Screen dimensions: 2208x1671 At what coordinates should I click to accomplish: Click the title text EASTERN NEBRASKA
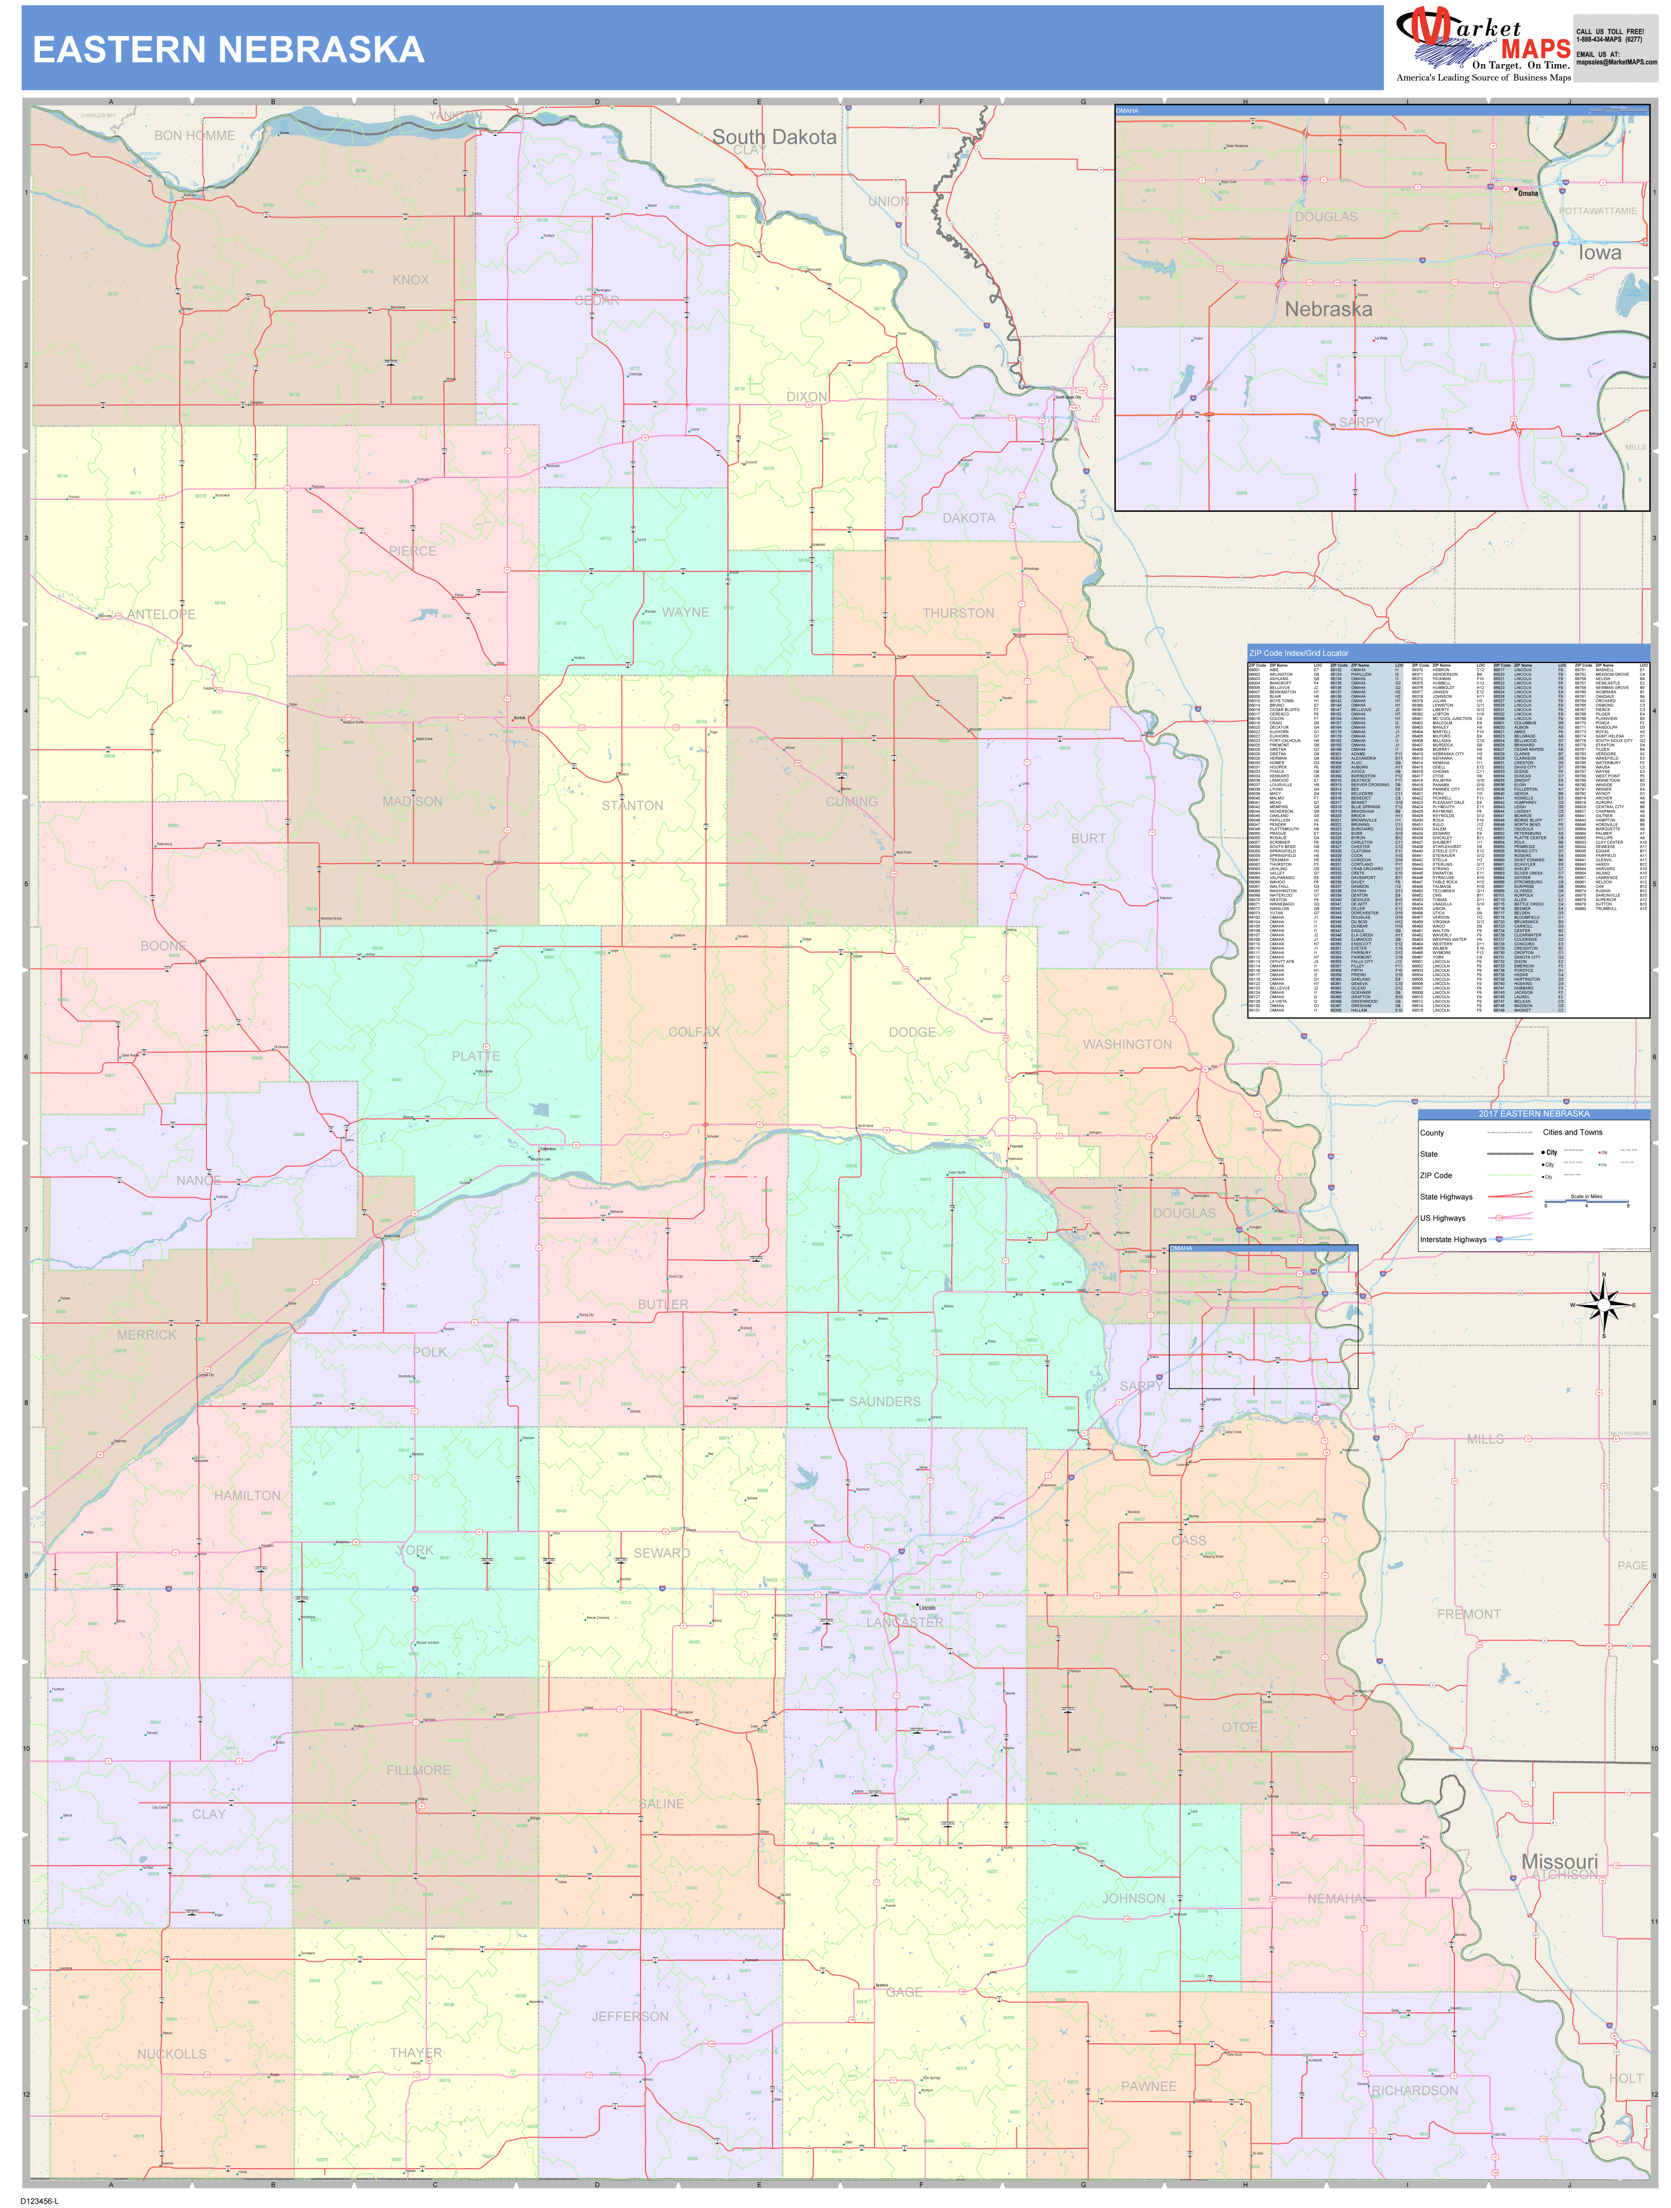229,50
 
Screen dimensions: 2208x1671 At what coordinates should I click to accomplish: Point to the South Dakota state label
774,137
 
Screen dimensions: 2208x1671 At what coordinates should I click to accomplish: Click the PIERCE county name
412,551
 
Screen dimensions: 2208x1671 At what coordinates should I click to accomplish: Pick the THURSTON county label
957,613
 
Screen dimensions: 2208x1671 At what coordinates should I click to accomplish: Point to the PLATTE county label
475,1056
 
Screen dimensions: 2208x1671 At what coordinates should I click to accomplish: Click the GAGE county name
904,1991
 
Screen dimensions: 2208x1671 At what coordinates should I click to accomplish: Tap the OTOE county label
1240,1727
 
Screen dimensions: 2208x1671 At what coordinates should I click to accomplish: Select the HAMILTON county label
247,1495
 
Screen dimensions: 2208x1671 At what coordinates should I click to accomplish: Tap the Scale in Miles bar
1586,1203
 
